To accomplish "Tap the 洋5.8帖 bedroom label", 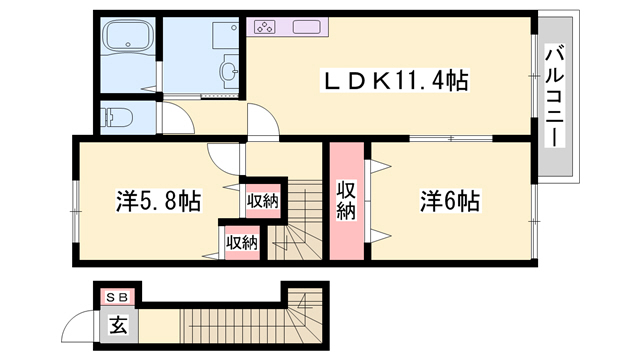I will (x=158, y=200).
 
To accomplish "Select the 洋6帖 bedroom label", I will (x=450, y=200).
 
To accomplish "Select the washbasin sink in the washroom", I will (x=230, y=71).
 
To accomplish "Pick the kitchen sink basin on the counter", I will (x=306, y=26).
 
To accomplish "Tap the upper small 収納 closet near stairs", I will (x=262, y=201).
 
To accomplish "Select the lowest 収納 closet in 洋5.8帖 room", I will (x=242, y=241).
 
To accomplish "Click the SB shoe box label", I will (x=117, y=297).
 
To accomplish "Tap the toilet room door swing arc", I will (x=176, y=117).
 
